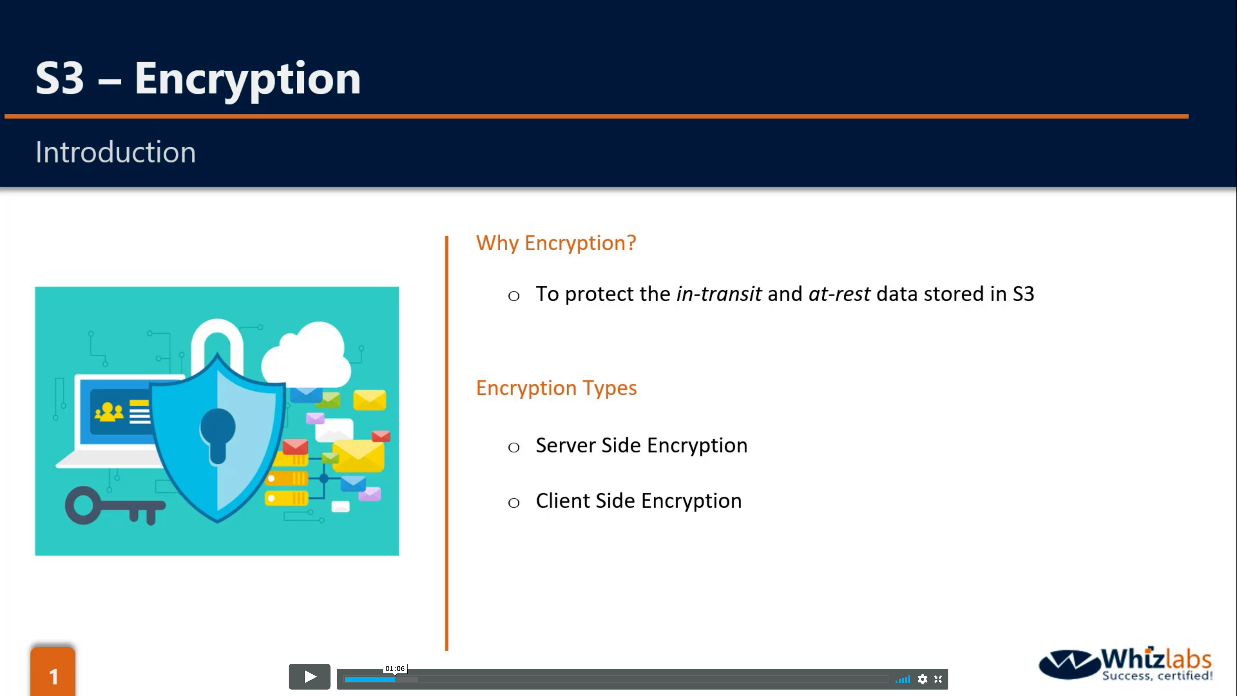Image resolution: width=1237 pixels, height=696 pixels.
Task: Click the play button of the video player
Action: tap(309, 677)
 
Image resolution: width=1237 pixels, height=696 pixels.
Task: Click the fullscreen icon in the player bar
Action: tap(938, 679)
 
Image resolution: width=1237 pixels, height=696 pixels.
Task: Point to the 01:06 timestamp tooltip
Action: tap(395, 669)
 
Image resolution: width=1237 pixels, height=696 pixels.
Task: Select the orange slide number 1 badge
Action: tap(53, 672)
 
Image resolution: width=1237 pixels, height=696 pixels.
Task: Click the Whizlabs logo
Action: tap(1126, 664)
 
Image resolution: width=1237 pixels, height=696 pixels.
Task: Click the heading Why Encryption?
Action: tap(556, 243)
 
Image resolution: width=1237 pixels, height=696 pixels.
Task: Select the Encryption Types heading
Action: tap(556, 388)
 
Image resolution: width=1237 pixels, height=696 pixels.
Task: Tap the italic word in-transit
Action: tap(719, 294)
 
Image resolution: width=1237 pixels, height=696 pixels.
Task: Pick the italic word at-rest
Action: tap(839, 294)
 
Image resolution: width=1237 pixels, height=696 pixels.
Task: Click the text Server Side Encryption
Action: tap(642, 446)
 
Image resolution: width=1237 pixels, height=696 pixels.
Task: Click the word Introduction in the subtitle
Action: tap(116, 152)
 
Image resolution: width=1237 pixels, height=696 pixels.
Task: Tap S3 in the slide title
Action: tap(60, 78)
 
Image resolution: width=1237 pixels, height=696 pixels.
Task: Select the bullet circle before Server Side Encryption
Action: tap(514, 448)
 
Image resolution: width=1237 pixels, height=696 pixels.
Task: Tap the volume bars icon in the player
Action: tap(903, 679)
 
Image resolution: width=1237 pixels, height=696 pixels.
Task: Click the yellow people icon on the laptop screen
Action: tap(109, 412)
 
